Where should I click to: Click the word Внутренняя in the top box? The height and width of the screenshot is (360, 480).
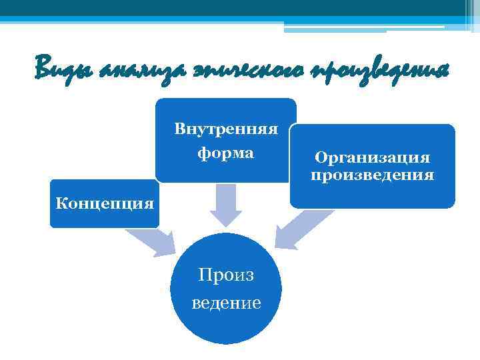point(226,128)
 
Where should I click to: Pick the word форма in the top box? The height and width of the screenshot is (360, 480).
point(226,153)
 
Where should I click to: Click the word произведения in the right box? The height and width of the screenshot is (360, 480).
point(373,175)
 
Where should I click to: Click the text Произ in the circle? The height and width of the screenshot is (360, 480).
point(226,276)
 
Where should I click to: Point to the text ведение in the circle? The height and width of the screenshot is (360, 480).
point(226,303)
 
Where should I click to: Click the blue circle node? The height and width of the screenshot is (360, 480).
point(226,320)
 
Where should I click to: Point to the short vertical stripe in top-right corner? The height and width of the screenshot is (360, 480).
point(467,13)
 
